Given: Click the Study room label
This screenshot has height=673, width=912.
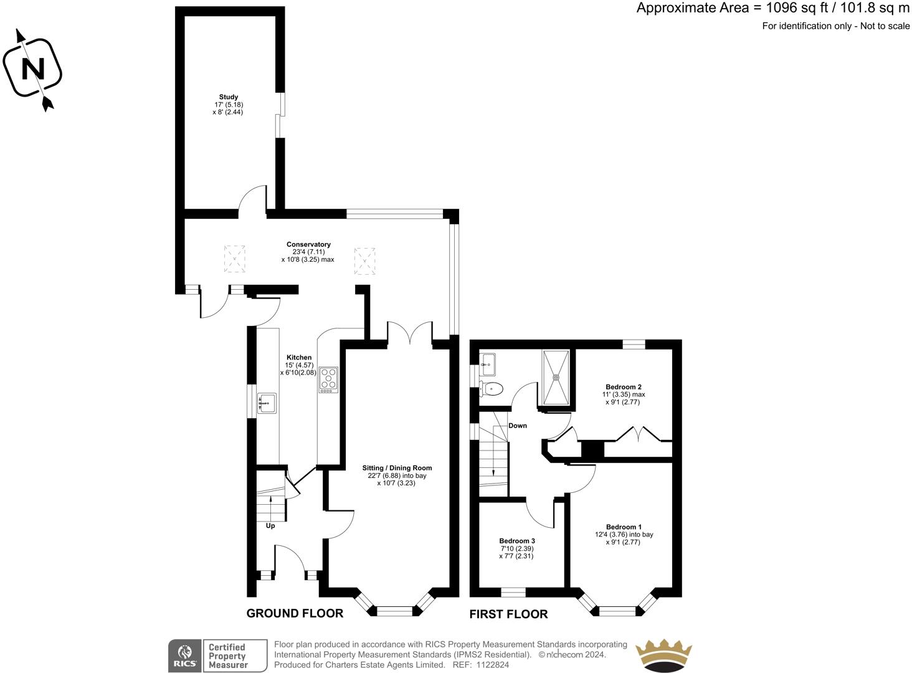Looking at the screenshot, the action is pyautogui.click(x=229, y=97).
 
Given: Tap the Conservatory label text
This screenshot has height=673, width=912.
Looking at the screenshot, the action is pyautogui.click(x=308, y=244).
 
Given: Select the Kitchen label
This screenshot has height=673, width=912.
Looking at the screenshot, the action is pyautogui.click(x=299, y=357).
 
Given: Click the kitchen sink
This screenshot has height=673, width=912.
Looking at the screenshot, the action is pyautogui.click(x=267, y=403).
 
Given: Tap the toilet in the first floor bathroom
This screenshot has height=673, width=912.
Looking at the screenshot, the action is pyautogui.click(x=491, y=389).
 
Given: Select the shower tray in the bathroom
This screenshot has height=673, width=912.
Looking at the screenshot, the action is pyautogui.click(x=556, y=378).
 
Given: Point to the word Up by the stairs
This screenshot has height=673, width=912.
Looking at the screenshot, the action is pyautogui.click(x=270, y=526).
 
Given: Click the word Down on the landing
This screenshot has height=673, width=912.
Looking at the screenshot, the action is pyautogui.click(x=518, y=426).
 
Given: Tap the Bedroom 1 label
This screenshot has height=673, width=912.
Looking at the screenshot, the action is pyautogui.click(x=624, y=527).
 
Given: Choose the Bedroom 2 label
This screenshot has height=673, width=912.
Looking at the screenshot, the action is pyautogui.click(x=624, y=386).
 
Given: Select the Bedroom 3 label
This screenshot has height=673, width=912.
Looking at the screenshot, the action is pyautogui.click(x=517, y=541).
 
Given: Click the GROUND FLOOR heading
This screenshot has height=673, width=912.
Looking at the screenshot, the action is pyautogui.click(x=295, y=613).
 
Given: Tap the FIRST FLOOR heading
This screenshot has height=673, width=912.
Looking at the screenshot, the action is pyautogui.click(x=508, y=614).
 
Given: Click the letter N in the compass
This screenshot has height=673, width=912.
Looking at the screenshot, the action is pyautogui.click(x=33, y=69).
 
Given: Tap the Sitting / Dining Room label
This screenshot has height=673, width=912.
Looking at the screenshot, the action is pyautogui.click(x=397, y=468).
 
